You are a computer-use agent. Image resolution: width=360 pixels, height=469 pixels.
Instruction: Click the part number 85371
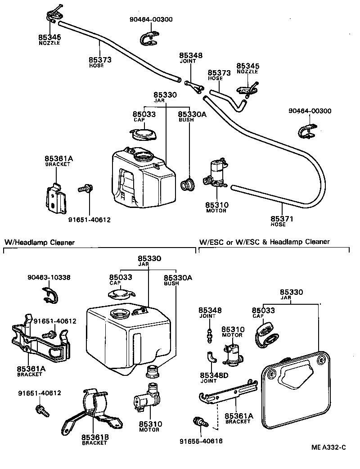pos(283,218)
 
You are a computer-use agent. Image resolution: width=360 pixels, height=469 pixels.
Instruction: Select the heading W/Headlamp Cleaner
pos(40,242)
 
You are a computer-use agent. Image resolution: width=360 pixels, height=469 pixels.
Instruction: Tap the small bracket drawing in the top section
pos(55,198)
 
